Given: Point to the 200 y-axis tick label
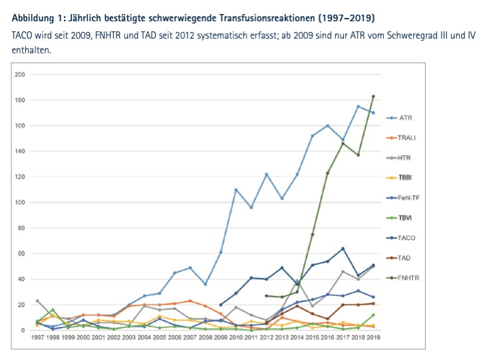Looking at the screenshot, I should click(20, 75).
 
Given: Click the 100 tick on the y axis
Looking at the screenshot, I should click(20, 202).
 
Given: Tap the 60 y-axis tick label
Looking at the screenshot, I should click(21, 254).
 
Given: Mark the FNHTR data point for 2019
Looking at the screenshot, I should click(373, 96).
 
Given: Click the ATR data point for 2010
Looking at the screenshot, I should click(236, 190).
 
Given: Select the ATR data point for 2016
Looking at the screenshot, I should click(327, 125).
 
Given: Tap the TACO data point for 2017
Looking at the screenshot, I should click(343, 249).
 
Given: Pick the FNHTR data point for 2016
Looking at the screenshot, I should click(327, 173).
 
